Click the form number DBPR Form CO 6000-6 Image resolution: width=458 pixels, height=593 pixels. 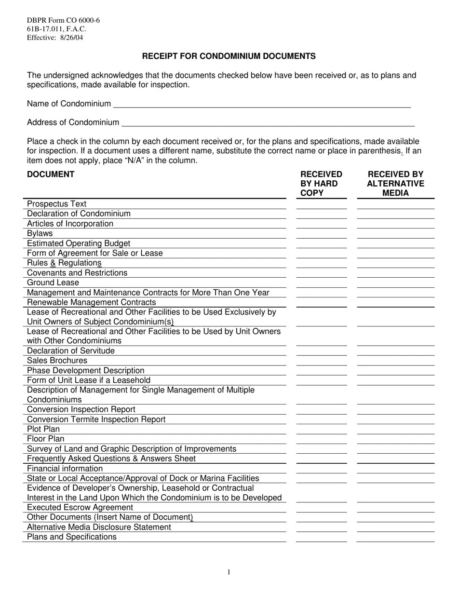coord(63,20)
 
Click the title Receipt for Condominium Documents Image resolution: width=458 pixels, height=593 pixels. coord(229,56)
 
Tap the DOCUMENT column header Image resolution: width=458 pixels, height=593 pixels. coord(51,174)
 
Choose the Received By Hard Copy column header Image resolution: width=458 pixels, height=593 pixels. coord(321,184)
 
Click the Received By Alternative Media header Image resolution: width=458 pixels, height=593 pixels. coord(395,184)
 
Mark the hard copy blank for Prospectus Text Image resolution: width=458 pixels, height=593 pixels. coord(321,204)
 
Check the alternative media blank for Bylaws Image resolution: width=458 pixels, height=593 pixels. coord(395,234)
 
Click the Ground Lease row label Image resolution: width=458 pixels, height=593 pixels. coord(53,283)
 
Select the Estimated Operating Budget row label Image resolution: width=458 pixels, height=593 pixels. coord(79,243)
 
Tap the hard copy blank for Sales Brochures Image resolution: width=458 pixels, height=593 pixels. coord(321,361)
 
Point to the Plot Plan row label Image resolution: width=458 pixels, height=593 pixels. coord(43,429)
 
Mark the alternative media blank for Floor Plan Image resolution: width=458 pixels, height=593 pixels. coord(395,439)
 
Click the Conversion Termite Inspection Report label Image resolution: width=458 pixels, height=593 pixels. coord(96,419)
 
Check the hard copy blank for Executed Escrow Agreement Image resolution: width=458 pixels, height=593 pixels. coord(321,508)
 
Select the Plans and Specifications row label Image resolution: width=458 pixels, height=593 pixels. coord(72,537)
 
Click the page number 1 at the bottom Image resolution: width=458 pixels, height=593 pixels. coord(229,572)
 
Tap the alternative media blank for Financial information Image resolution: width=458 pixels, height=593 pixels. coord(395,469)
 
